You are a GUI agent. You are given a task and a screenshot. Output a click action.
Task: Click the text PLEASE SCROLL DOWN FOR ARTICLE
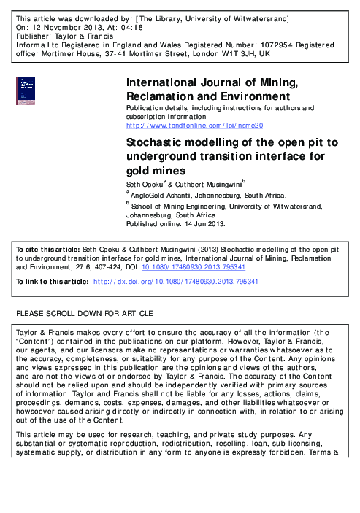pyautogui.click(x=85, y=314)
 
